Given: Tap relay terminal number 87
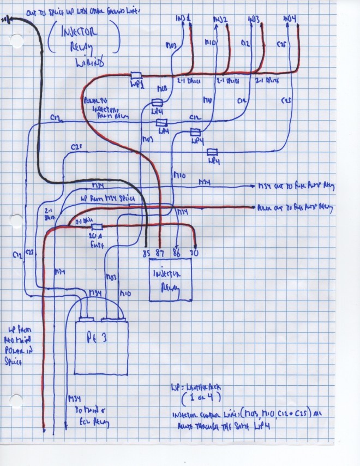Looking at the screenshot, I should (160, 253).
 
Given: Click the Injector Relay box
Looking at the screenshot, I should (171, 280).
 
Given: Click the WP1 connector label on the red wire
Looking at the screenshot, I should (135, 85).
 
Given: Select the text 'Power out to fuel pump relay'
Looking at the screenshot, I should (295, 207).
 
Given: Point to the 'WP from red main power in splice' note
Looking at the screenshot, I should (18, 338).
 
